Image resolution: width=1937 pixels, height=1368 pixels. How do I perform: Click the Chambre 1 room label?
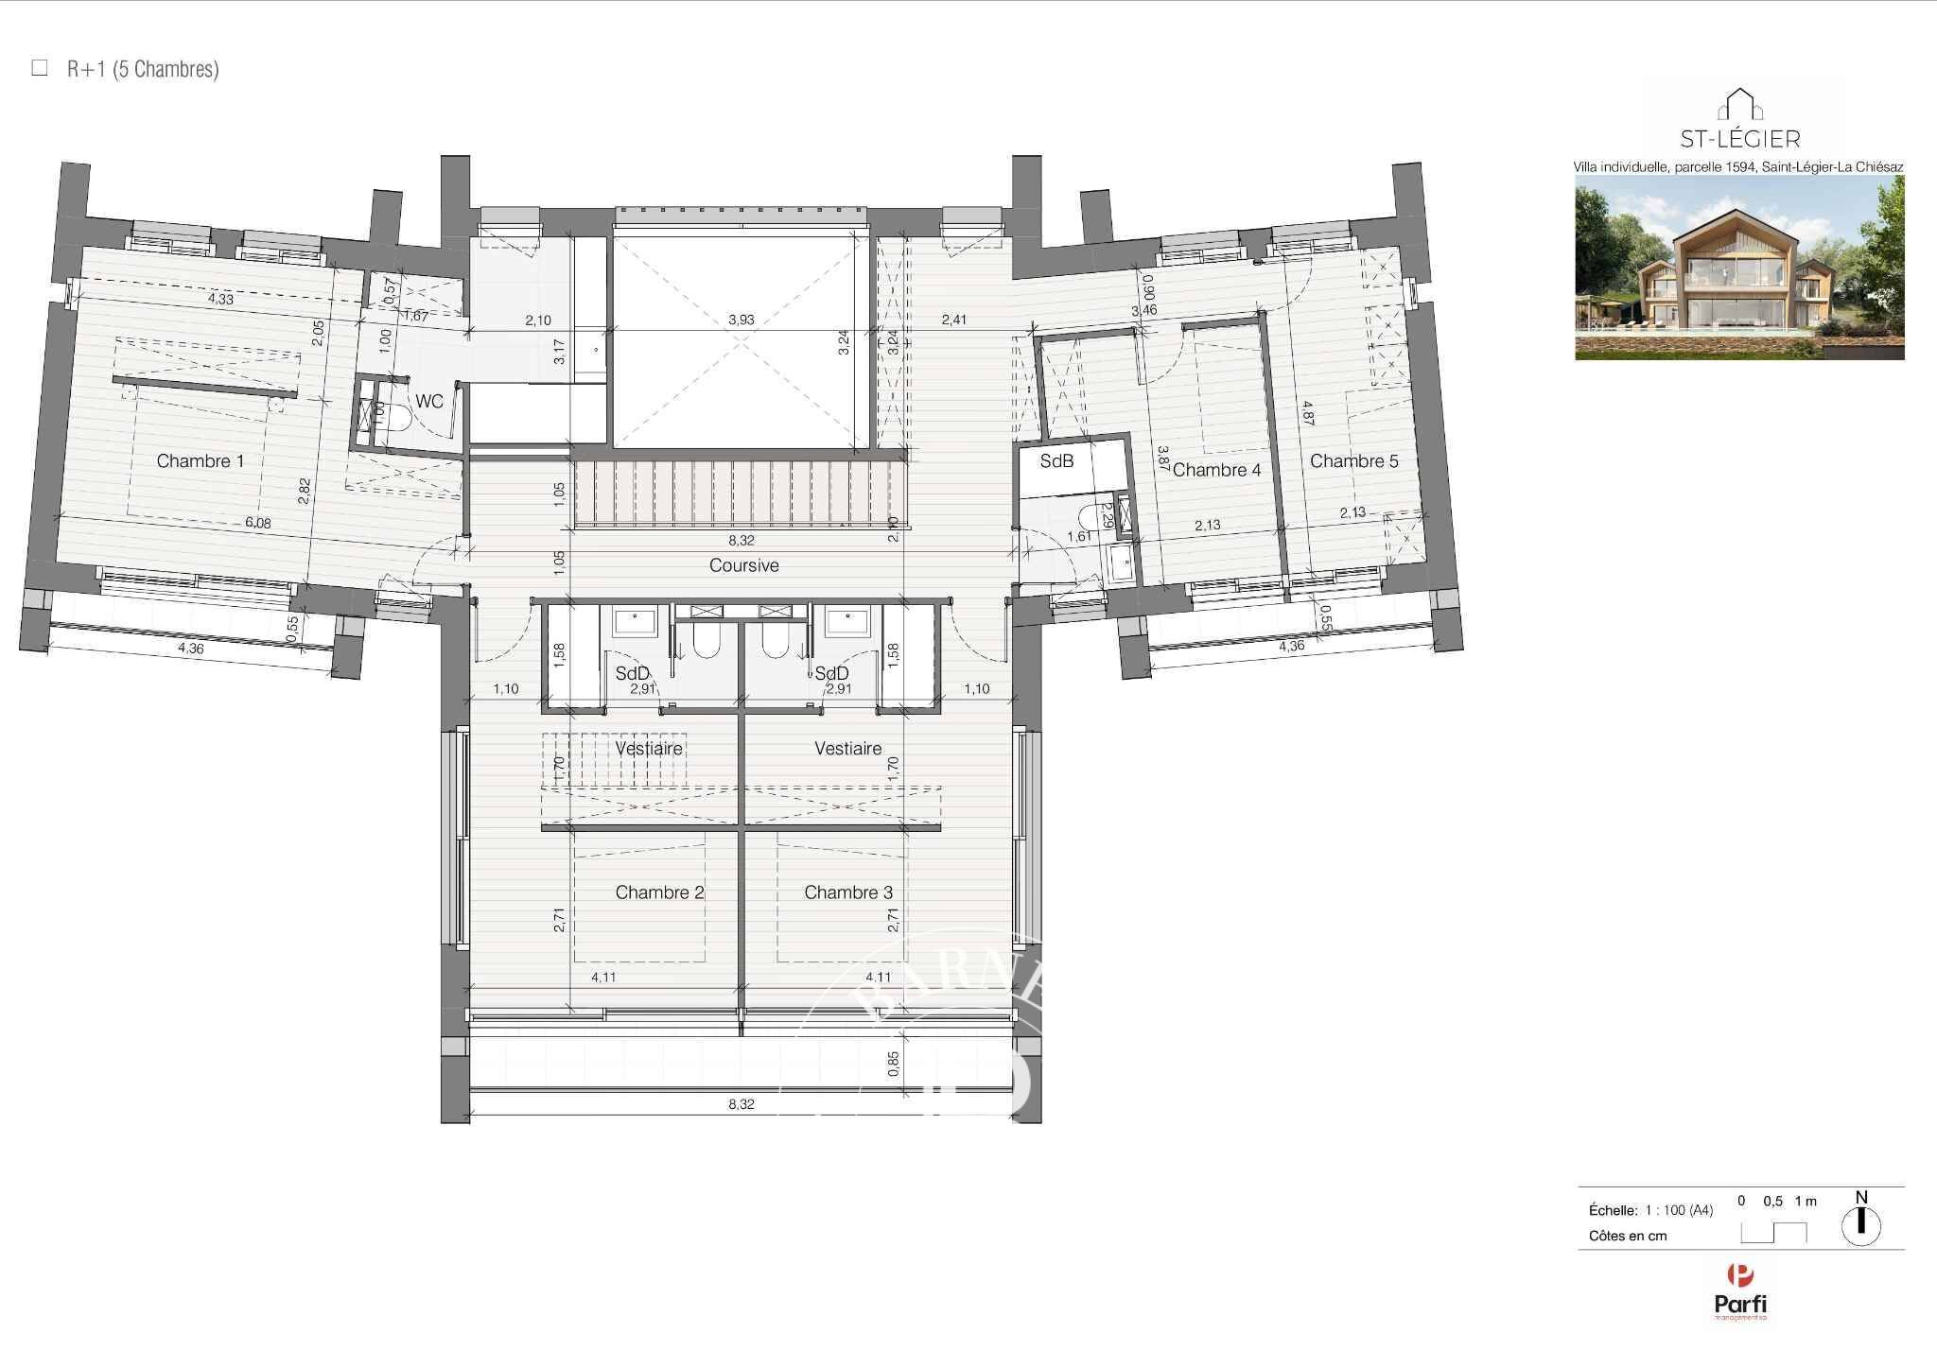point(200,461)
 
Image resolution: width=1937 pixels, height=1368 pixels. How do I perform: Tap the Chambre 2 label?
point(659,892)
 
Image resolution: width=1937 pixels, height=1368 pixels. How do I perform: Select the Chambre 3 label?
point(847,892)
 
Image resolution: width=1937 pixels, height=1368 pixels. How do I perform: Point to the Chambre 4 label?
point(1216,470)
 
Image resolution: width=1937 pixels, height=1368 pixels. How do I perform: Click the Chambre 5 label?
point(1353,461)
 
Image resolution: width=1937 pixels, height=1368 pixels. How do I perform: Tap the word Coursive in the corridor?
point(744,565)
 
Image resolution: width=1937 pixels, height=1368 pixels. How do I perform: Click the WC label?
point(428,402)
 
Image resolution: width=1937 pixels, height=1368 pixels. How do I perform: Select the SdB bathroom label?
point(1056,461)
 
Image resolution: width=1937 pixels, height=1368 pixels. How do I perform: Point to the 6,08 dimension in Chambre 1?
point(257,523)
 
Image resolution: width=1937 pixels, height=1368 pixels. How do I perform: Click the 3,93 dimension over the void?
point(742,320)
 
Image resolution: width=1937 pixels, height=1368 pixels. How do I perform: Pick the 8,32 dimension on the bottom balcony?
point(742,1103)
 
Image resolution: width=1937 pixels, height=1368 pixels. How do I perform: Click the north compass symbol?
point(1861,1225)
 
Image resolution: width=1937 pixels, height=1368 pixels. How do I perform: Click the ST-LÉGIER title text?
point(1739,140)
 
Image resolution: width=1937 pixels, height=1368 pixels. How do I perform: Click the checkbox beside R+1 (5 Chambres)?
point(40,68)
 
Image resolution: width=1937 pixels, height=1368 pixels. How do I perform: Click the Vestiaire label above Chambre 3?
point(847,749)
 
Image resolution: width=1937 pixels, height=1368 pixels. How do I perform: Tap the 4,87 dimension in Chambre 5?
point(1307,413)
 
